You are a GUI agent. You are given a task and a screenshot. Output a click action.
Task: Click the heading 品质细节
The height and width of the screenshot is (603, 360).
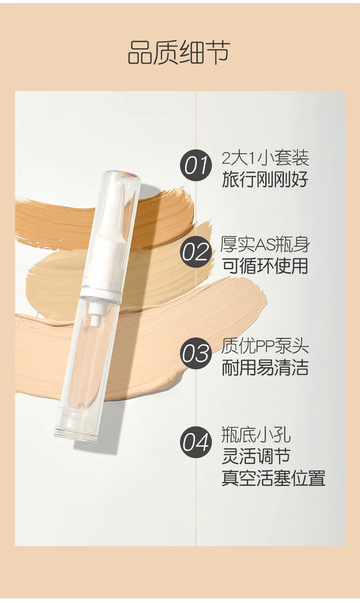click(179, 52)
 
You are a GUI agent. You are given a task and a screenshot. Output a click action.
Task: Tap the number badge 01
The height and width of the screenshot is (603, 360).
click(196, 165)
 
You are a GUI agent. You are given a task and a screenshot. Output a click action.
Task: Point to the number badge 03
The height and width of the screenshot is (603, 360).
click(196, 354)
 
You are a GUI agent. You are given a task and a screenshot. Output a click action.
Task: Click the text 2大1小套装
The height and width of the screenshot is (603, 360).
click(265, 158)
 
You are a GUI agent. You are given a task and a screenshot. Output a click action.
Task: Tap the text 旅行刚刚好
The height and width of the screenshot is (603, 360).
click(265, 179)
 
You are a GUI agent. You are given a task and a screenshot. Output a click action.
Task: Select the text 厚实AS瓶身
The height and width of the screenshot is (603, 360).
click(265, 245)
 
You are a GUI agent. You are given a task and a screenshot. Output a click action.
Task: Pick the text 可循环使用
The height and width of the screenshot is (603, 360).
click(265, 266)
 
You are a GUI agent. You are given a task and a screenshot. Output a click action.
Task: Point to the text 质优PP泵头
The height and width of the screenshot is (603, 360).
click(265, 347)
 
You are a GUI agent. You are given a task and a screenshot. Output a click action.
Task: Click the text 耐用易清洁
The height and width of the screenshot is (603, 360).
click(265, 368)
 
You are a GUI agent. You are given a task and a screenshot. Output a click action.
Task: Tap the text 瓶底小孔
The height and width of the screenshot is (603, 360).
click(256, 435)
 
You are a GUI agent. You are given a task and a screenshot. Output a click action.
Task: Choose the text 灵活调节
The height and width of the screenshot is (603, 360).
click(256, 456)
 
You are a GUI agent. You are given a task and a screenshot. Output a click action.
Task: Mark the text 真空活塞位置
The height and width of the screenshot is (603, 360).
click(273, 478)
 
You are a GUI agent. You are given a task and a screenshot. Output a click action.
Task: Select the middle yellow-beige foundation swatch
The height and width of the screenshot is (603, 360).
click(55, 282)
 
